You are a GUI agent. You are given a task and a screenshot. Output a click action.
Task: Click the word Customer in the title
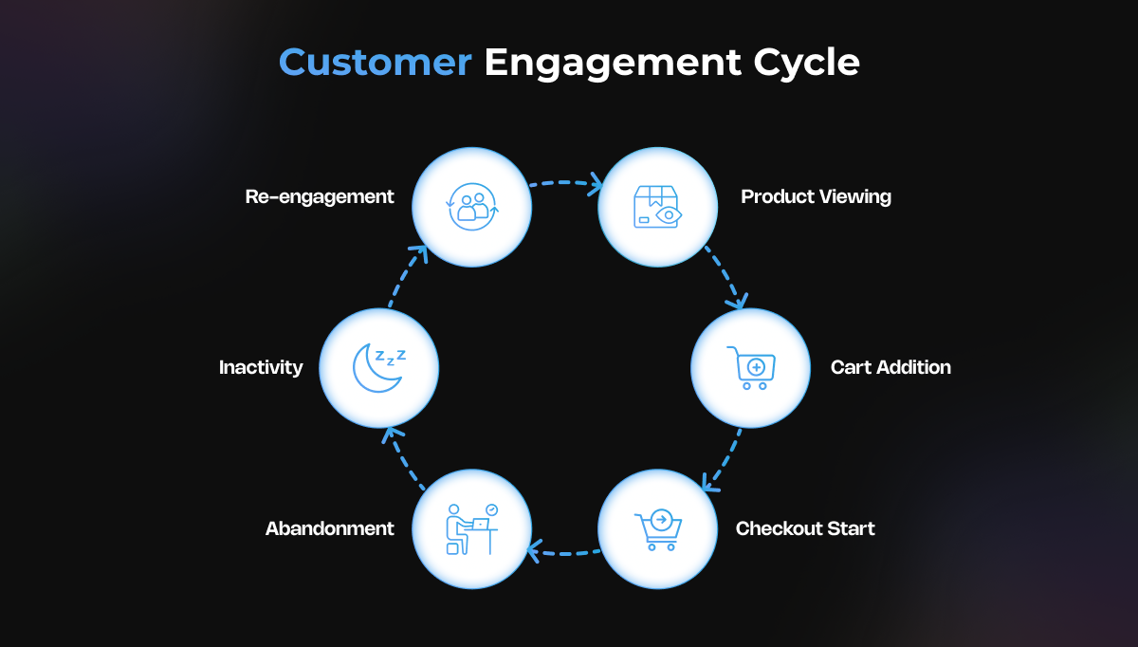coord(376,63)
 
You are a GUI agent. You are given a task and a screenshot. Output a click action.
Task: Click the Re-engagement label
coord(320,196)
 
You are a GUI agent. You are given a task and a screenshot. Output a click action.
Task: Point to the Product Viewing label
coord(816,196)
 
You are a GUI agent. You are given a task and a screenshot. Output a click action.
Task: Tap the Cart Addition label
coord(890,367)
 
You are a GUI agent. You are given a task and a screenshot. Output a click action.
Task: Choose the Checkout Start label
coord(805,528)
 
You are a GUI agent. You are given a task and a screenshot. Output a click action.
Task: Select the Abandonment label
coord(330,528)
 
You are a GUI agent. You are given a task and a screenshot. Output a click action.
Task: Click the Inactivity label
coord(261,367)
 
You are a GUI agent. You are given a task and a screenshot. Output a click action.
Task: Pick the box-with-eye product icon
coord(657,207)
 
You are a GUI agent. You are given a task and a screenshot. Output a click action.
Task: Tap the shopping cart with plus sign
coord(752,368)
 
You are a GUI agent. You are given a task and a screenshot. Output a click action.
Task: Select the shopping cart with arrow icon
coord(658,529)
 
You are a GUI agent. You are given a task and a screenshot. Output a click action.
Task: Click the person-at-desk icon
coord(471,529)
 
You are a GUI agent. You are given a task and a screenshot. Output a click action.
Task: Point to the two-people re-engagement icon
coord(472,207)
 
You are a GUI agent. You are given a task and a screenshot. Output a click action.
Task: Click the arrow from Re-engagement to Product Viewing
coord(565,182)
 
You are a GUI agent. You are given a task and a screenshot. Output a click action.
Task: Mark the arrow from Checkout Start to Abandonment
coord(564,553)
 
